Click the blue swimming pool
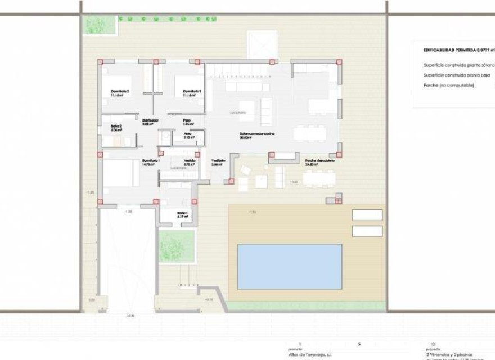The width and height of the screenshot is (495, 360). pyautogui.click(x=290, y=266)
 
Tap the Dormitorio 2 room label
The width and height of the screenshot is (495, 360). pyautogui.click(x=120, y=92)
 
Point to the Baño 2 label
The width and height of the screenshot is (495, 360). pyautogui.click(x=116, y=126)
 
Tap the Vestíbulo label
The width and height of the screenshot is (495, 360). pyautogui.click(x=218, y=160)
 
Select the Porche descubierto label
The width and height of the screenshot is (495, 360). pyautogui.click(x=320, y=160)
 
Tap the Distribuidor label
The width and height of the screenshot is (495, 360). pyautogui.click(x=150, y=120)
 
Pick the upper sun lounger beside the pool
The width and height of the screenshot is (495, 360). pyautogui.click(x=367, y=215)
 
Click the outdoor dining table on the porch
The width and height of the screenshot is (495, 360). pyautogui.click(x=319, y=178)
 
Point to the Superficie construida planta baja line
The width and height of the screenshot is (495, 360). pyautogui.click(x=457, y=75)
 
